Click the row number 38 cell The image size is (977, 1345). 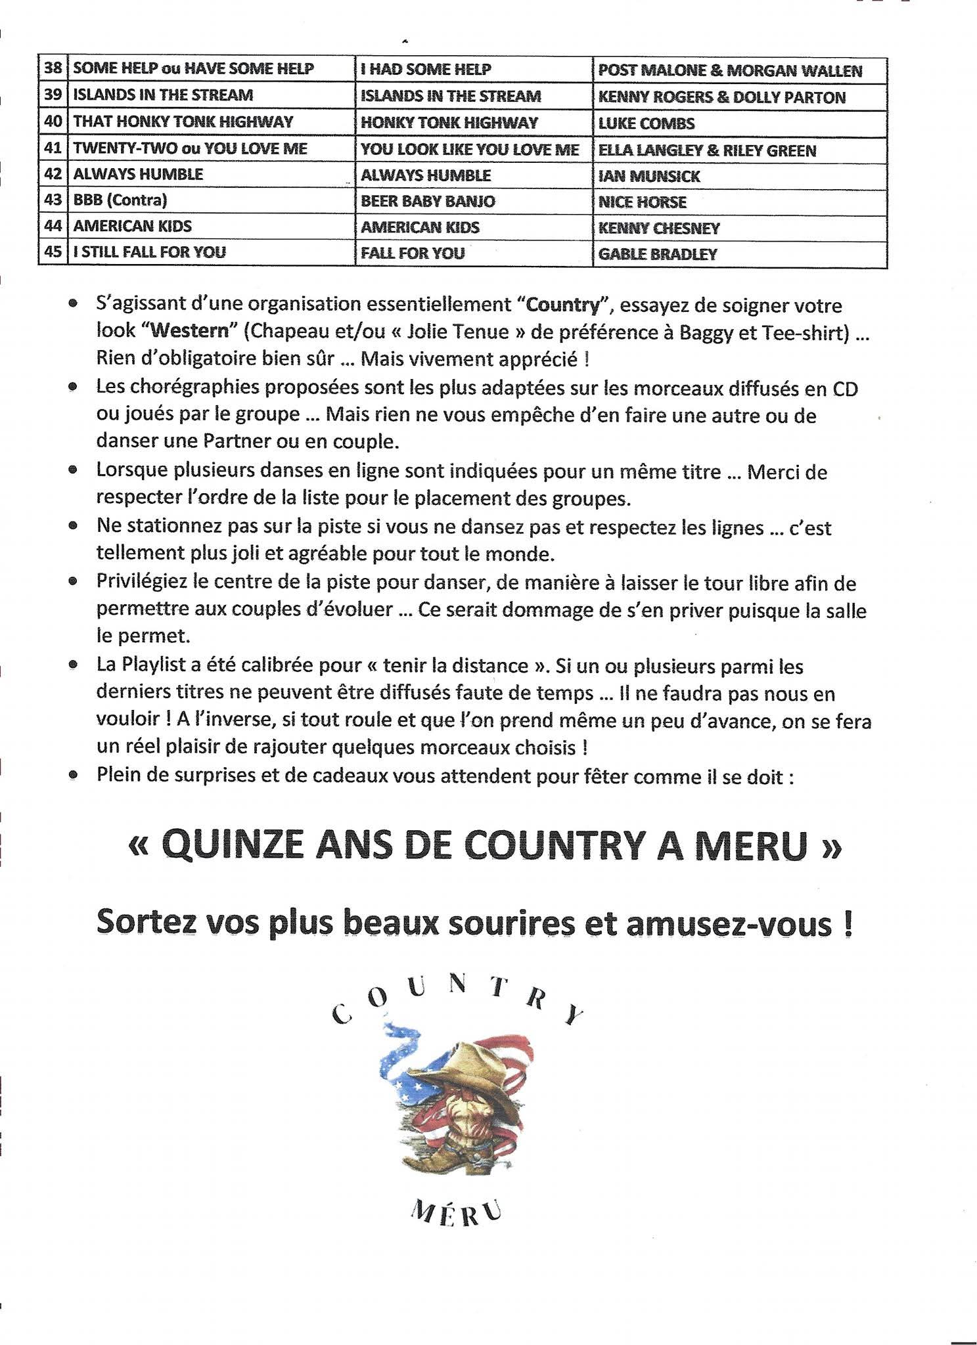tap(53, 68)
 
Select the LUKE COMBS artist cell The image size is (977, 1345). tap(646, 123)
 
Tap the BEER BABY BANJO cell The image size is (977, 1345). tap(428, 201)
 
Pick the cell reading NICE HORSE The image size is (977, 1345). tap(642, 202)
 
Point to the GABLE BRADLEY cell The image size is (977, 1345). tap(657, 254)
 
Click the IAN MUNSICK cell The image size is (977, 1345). tap(648, 176)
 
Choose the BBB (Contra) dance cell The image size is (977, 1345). tap(120, 200)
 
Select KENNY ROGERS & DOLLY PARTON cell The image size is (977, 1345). tap(721, 97)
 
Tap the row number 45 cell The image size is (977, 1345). tap(53, 252)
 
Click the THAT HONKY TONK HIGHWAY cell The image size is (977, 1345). tap(183, 121)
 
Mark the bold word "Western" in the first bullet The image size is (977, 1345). tap(189, 330)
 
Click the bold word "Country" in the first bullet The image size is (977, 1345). tap(563, 305)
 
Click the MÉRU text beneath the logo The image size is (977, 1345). tap(456, 1212)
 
